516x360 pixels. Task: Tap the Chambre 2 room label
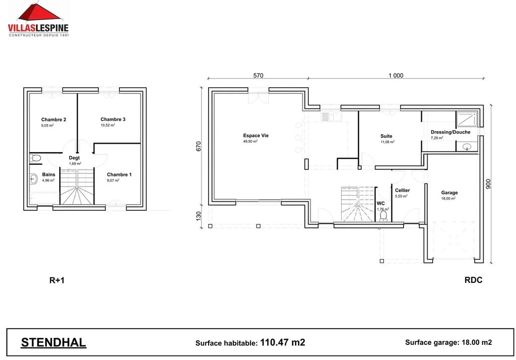[54, 119]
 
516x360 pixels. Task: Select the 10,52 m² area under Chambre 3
[108, 125]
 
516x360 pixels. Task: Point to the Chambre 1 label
[119, 174]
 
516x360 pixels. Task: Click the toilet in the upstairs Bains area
[35, 158]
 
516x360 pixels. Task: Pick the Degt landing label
[74, 158]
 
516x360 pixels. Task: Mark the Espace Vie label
[256, 136]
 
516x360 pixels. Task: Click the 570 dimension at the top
[258, 76]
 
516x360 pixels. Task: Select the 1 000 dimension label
[396, 76]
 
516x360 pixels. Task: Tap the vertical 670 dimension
[199, 146]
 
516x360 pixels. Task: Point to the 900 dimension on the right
[487, 184]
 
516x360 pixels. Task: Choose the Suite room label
[386, 136]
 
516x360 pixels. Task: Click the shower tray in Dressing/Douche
[467, 118]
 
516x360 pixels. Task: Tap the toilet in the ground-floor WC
[383, 216]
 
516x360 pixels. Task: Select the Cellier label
[402, 190]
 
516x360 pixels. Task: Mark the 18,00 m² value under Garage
[448, 199]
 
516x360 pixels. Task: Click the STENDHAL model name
[53, 343]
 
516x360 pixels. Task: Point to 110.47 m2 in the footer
[282, 342]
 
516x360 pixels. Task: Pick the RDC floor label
[473, 280]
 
